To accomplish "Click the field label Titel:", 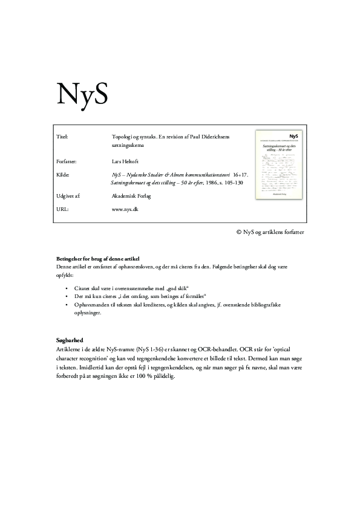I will pyautogui.click(x=61, y=137).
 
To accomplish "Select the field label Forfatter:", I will pyautogui.click(x=66, y=162).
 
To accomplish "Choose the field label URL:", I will pyautogui.click(x=61, y=209).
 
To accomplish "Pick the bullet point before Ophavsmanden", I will pyautogui.click(x=65, y=305).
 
